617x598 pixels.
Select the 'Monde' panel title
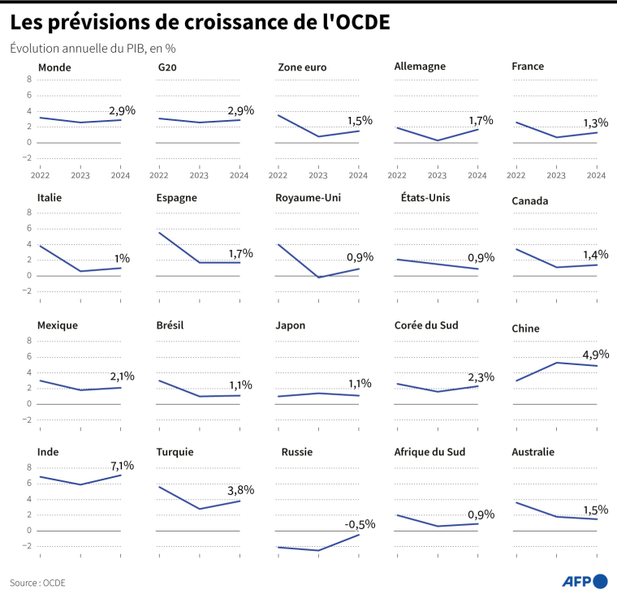tap(54, 67)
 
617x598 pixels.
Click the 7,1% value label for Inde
tap(122, 466)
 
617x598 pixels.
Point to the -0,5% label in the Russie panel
tap(358, 524)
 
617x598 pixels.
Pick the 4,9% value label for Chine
tap(596, 354)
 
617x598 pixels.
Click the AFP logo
tap(585, 581)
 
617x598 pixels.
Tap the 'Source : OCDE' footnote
tap(37, 583)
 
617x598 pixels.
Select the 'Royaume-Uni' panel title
tap(309, 197)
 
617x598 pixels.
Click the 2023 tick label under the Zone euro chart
tap(318, 174)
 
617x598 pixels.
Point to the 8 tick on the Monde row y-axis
tap(29, 80)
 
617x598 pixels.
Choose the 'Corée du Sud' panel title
tap(426, 325)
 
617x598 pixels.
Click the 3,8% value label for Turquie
tap(240, 489)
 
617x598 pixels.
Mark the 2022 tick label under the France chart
tap(516, 174)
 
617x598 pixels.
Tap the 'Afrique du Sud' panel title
tap(429, 452)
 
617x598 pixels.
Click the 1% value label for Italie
tap(122, 258)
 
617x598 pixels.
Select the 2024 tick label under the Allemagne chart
tap(477, 174)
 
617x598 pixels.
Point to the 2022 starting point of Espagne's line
tap(159, 233)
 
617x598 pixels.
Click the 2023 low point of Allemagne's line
tap(438, 140)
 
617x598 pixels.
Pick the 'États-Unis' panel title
tap(425, 197)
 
